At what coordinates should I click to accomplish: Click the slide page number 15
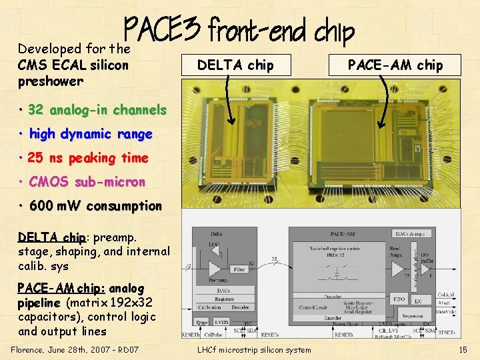tap(463, 349)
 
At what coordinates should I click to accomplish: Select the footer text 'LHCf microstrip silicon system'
tap(254, 349)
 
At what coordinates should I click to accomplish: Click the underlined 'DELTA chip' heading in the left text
tap(52, 237)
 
